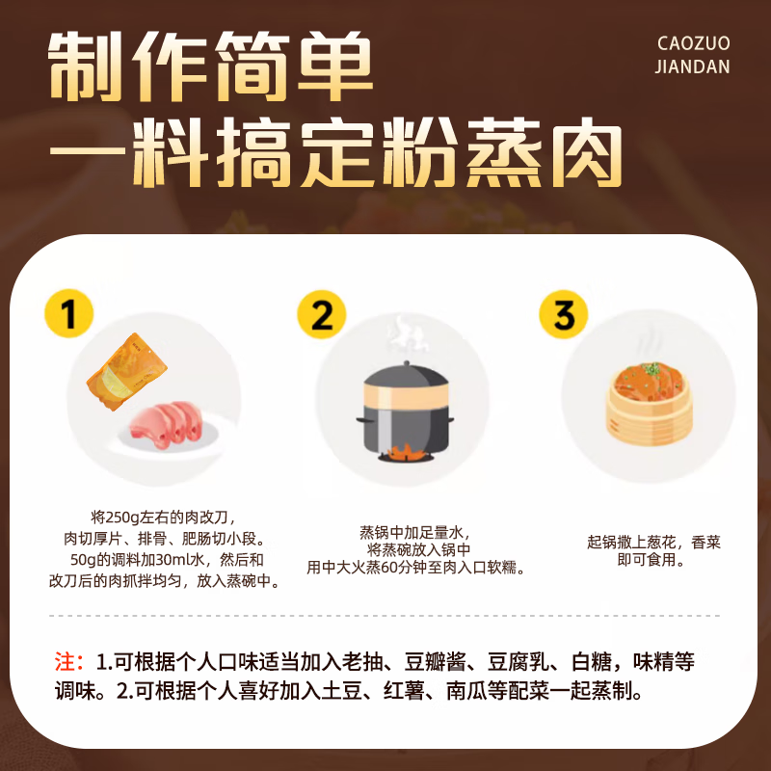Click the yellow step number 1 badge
(x=69, y=314)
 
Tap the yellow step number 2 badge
(x=321, y=314)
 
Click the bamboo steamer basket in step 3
(x=651, y=414)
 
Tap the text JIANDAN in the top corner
(x=692, y=67)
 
